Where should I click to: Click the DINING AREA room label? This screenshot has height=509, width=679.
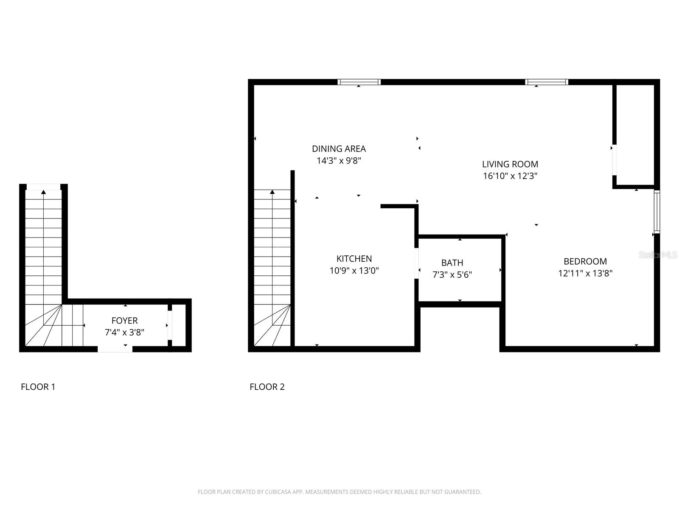coord(339,149)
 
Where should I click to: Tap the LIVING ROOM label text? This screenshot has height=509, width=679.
coord(510,164)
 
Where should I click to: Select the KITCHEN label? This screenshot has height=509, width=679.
coord(354,259)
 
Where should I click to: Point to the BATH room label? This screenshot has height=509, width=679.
coord(452,263)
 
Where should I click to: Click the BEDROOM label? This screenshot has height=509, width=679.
coord(585,262)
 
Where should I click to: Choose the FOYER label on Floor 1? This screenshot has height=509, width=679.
coord(124,321)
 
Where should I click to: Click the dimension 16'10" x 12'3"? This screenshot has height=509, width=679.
coord(510,176)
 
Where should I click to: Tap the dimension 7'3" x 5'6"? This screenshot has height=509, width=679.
coord(452,275)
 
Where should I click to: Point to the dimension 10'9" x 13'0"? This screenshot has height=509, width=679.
coord(354,271)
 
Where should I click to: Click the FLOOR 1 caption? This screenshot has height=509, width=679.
coord(38,387)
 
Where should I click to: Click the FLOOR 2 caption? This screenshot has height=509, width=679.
coord(267,387)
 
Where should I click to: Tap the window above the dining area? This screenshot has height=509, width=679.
coord(359,82)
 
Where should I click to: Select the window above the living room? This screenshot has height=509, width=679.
coord(546,82)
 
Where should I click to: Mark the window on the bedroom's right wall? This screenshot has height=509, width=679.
coord(657,212)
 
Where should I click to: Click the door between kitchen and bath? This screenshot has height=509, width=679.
coord(416,263)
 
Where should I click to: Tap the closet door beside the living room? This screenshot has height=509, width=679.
coord(614,160)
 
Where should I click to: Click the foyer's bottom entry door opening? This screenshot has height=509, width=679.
coord(115,349)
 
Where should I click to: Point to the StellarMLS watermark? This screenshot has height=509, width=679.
coord(658,255)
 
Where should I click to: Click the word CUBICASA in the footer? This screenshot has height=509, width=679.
coord(277,492)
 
